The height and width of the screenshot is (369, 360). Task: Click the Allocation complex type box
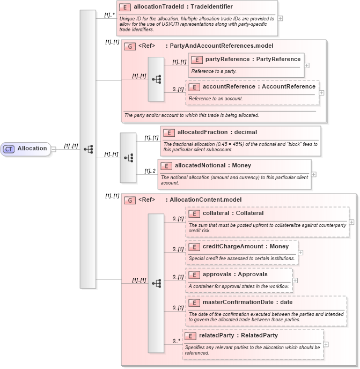click(x=27, y=149)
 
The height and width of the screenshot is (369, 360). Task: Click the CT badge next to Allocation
click(x=9, y=149)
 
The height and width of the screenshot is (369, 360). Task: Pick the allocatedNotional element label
click(x=206, y=166)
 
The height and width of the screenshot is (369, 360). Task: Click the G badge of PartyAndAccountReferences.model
click(x=129, y=46)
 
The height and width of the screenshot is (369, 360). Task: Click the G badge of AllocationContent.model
click(x=129, y=200)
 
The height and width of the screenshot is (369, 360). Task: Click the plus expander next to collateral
click(x=351, y=221)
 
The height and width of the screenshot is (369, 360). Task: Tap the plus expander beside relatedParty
click(x=326, y=344)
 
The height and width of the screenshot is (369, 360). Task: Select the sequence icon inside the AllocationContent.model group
click(x=156, y=283)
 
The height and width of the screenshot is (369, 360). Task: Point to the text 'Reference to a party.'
click(x=214, y=71)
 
